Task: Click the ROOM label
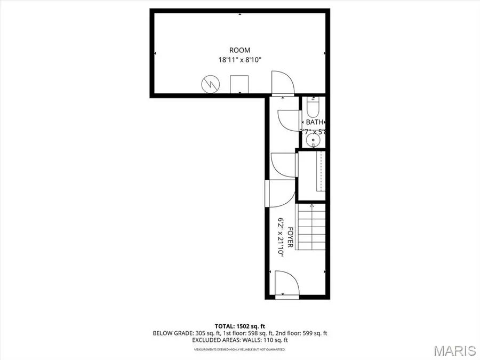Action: [239, 50]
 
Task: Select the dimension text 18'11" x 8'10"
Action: [239, 60]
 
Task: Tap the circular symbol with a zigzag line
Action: [209, 84]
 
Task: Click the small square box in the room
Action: [239, 84]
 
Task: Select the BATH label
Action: [315, 122]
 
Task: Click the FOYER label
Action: [291, 237]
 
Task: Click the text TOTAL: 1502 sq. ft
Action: [239, 325]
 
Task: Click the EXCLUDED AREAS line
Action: [239, 340]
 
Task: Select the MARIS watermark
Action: [454, 350]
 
